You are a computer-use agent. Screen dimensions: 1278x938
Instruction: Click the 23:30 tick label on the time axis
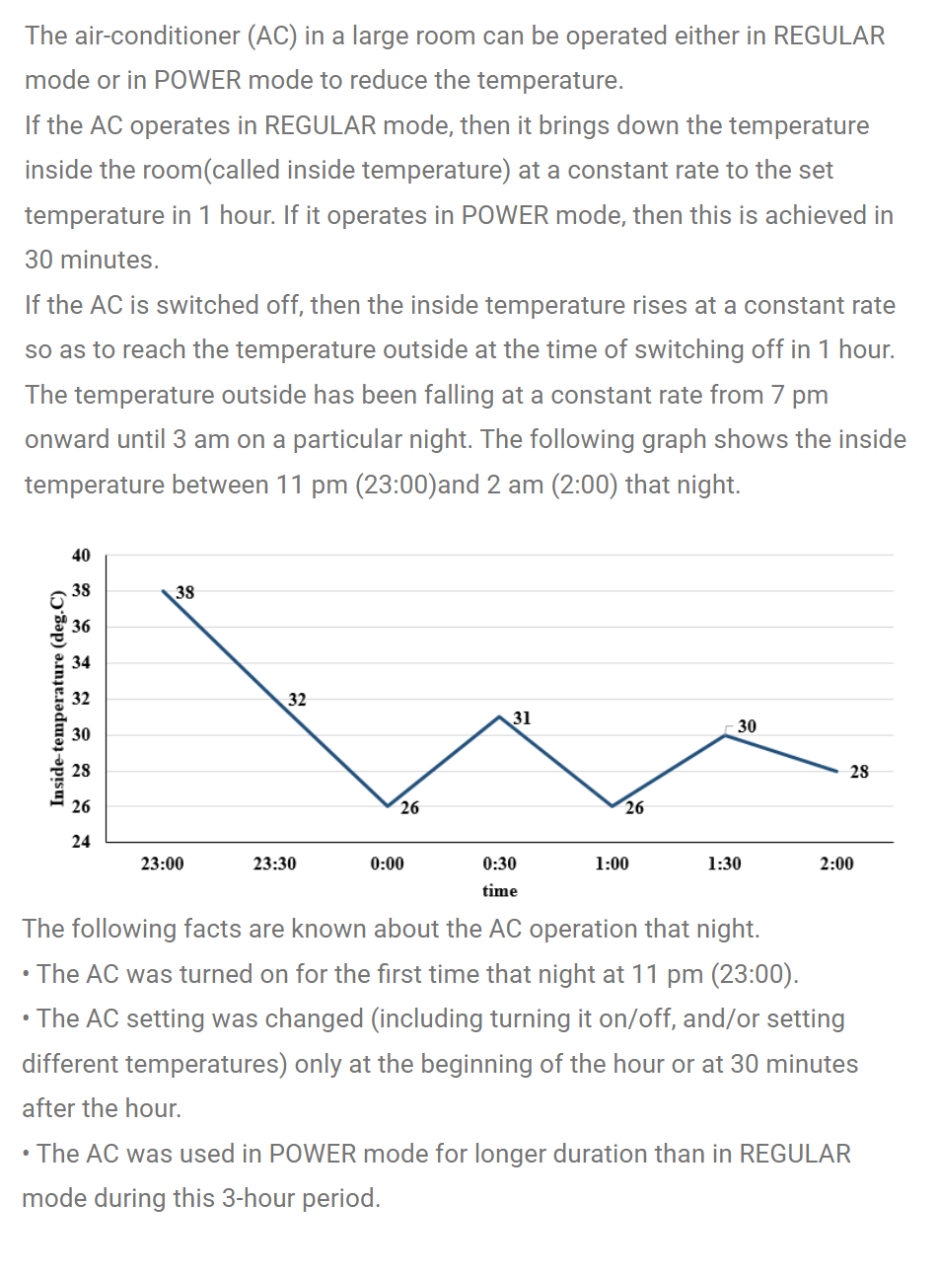pos(274,865)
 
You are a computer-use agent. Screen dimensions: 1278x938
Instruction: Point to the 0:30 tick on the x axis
pos(499,865)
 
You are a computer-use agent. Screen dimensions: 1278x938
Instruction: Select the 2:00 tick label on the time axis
pos(836,865)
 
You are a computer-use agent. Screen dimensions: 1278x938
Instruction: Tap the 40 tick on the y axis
pos(81,556)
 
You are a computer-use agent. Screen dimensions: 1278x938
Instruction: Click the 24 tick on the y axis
pos(81,842)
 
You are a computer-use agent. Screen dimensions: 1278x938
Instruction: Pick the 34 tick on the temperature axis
pos(81,663)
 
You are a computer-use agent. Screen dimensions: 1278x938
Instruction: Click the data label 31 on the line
pos(522,718)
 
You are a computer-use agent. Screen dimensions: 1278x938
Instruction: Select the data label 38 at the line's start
pos(184,593)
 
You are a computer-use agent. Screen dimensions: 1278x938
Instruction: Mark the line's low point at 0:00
pos(388,806)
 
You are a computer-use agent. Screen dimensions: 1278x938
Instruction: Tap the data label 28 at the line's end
pos(859,772)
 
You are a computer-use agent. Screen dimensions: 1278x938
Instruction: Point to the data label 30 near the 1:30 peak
pos(747,726)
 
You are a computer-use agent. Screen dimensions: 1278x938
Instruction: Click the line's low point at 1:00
pos(613,806)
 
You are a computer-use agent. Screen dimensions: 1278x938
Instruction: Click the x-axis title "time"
pos(499,891)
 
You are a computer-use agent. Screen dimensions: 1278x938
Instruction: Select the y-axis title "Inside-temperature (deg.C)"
pos(58,699)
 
